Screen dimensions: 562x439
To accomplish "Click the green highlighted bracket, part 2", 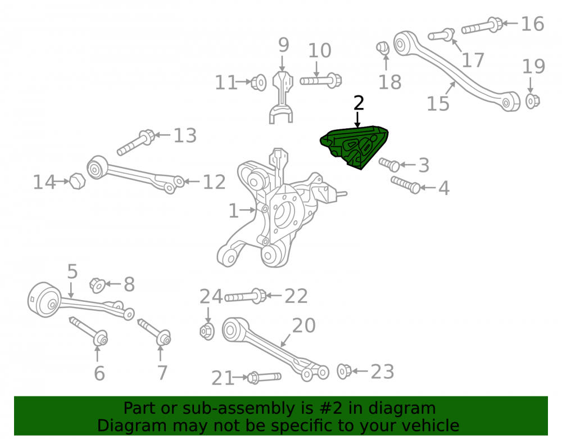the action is click(x=353, y=147).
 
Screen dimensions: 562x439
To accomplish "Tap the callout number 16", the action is click(x=532, y=24).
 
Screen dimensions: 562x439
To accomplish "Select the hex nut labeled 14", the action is click(x=77, y=181).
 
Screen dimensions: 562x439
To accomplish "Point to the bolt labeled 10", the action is click(x=321, y=80).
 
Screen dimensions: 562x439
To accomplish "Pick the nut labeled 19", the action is click(x=533, y=101).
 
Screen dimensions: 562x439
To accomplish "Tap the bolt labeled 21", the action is click(x=264, y=377).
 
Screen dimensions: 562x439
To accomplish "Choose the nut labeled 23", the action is click(x=345, y=371).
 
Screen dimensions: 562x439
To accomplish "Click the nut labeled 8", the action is click(x=97, y=285).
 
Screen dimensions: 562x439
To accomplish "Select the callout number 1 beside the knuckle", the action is click(x=233, y=211).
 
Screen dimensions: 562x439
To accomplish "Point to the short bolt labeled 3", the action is click(x=389, y=165).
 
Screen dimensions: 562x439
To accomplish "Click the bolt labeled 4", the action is click(x=405, y=184).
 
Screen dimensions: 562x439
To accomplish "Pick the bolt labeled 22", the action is click(x=246, y=296).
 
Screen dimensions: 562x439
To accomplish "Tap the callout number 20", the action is click(x=303, y=325).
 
